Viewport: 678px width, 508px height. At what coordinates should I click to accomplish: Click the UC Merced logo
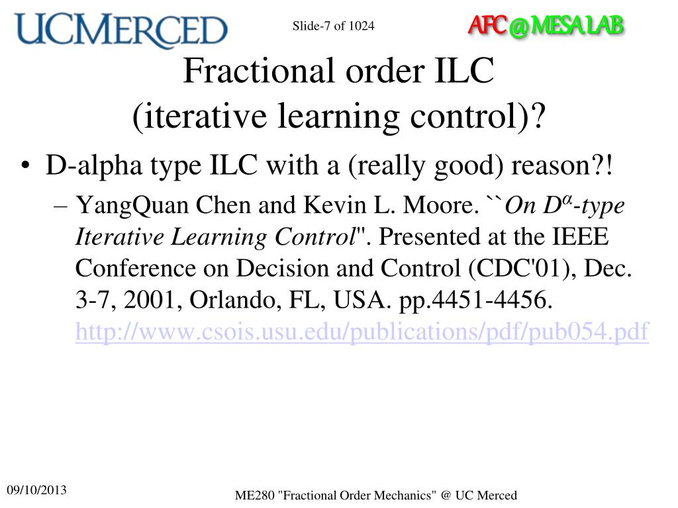click(121, 30)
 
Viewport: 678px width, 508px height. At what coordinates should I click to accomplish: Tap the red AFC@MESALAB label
click(546, 26)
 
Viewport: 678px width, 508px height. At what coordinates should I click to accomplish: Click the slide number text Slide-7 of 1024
click(333, 26)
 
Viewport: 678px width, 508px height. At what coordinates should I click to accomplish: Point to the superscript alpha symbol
click(565, 198)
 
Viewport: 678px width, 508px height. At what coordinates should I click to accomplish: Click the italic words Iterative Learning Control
click(216, 237)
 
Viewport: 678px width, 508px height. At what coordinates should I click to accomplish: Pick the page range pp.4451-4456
click(474, 300)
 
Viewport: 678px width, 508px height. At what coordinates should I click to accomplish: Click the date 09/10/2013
click(37, 490)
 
